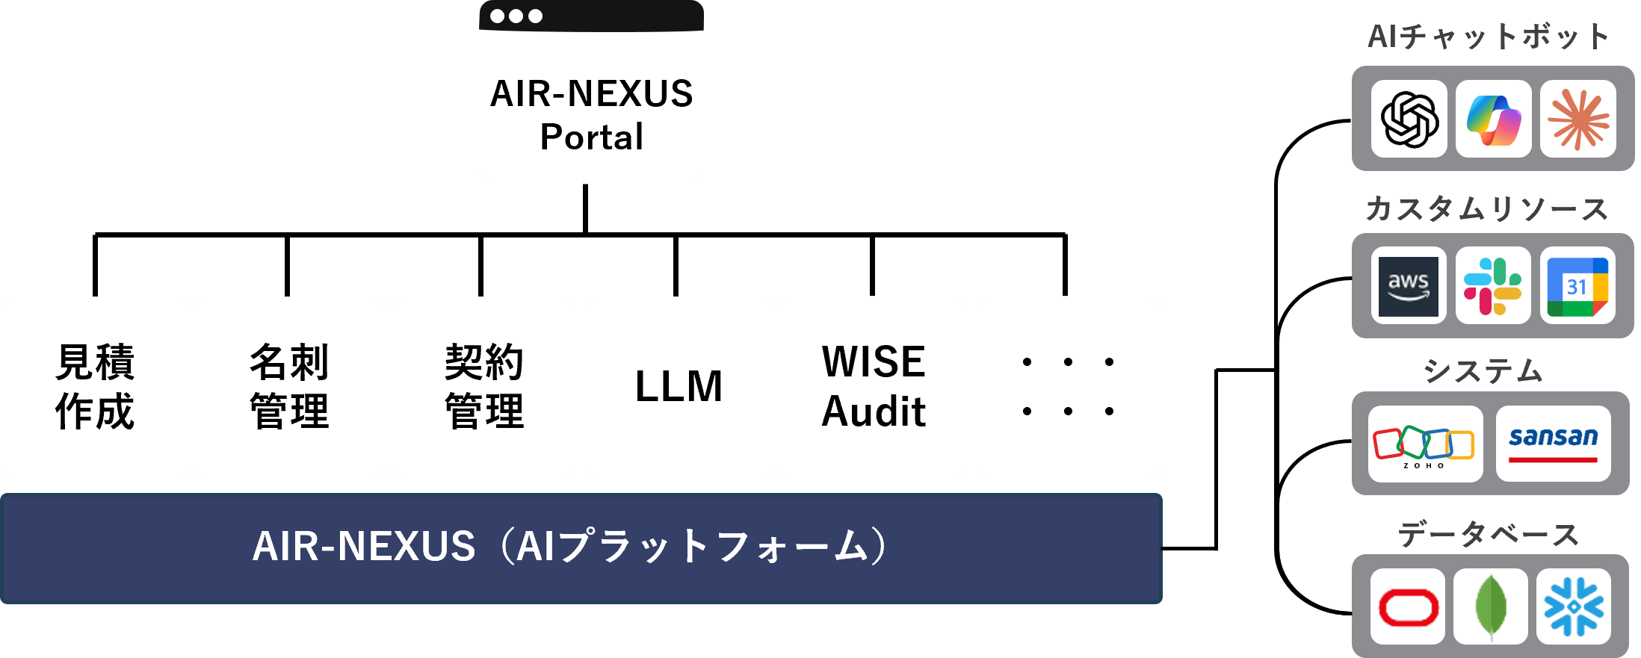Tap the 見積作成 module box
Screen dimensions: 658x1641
pos(95,388)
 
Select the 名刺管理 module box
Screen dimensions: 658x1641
pos(289,388)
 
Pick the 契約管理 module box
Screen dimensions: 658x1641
pos(483,388)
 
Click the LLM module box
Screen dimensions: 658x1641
pos(679,388)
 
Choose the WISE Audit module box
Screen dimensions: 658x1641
pos(873,388)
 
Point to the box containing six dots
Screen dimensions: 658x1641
pos(1068,388)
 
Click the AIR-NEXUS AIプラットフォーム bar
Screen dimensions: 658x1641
pos(581,547)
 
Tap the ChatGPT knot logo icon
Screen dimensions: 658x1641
pos(1409,119)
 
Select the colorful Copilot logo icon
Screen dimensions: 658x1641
pos(1493,119)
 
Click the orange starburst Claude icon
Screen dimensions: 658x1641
pos(1578,119)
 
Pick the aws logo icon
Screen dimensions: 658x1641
pos(1409,286)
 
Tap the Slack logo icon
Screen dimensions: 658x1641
pos(1493,286)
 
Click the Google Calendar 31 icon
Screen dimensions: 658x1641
pos(1577,286)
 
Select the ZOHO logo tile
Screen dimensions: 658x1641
pos(1425,444)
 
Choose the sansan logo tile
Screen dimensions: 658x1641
pos(1553,444)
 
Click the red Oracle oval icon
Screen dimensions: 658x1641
pos(1408,606)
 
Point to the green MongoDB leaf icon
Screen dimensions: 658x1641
pos(1491,606)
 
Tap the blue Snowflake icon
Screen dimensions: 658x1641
pos(1574,606)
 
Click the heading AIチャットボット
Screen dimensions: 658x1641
pos(1488,37)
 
